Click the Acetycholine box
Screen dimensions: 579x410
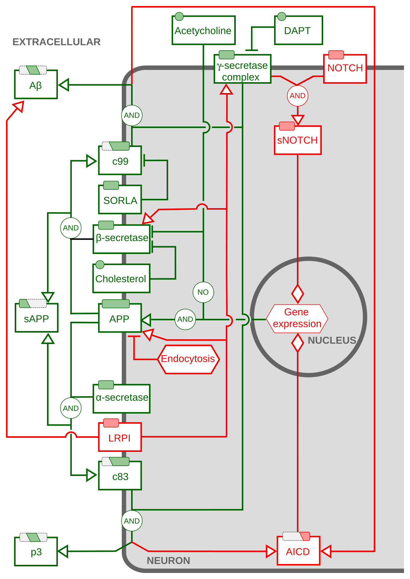coord(203,30)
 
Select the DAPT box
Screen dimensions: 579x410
coord(298,30)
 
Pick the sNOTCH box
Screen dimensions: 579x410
coord(298,140)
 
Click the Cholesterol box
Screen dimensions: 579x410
coord(121,279)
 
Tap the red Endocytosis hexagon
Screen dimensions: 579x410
coord(188,359)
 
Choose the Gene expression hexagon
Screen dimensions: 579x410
coord(297,318)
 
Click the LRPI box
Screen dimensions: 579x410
coord(120,437)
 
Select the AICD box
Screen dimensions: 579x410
coord(298,551)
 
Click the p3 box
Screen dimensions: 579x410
coord(36,552)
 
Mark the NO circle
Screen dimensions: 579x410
coord(203,292)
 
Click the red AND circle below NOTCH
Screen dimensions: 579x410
coord(298,96)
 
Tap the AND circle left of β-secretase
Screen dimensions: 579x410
coord(71,228)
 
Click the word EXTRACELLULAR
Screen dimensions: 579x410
coord(56,42)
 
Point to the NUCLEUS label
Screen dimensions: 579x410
coord(332,340)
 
